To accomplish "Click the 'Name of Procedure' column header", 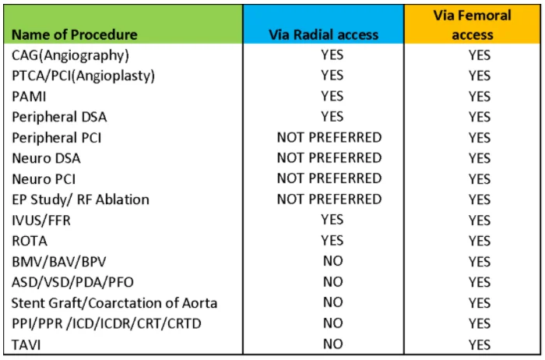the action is pyautogui.click(x=75, y=35).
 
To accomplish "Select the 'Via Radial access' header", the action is pyautogui.click(x=324, y=35).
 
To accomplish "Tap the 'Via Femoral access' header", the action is pyautogui.click(x=473, y=25).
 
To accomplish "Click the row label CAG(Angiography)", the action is pyautogui.click(x=70, y=55).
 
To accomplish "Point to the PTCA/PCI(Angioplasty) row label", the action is pyautogui.click(x=83, y=76).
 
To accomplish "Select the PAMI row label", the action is pyautogui.click(x=29, y=97).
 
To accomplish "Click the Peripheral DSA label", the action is pyautogui.click(x=59, y=117).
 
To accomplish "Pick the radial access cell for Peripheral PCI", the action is pyautogui.click(x=329, y=137).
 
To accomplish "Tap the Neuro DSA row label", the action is pyautogui.click(x=46, y=158).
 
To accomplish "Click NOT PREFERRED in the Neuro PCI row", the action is pyautogui.click(x=329, y=178).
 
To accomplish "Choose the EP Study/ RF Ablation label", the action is pyautogui.click(x=80, y=199).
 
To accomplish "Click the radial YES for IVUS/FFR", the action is pyautogui.click(x=332, y=220).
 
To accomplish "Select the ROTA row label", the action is pyautogui.click(x=30, y=241).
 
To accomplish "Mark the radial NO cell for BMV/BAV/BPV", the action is pyautogui.click(x=333, y=261).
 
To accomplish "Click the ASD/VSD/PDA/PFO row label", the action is pyautogui.click(x=72, y=282).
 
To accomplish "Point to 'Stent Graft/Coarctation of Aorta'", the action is pyautogui.click(x=114, y=303).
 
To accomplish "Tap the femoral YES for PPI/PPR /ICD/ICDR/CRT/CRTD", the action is pyautogui.click(x=480, y=323).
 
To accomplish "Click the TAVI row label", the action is pyautogui.click(x=26, y=344).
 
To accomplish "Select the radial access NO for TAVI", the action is pyautogui.click(x=333, y=344).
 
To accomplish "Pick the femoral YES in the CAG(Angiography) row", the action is pyautogui.click(x=480, y=55).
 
